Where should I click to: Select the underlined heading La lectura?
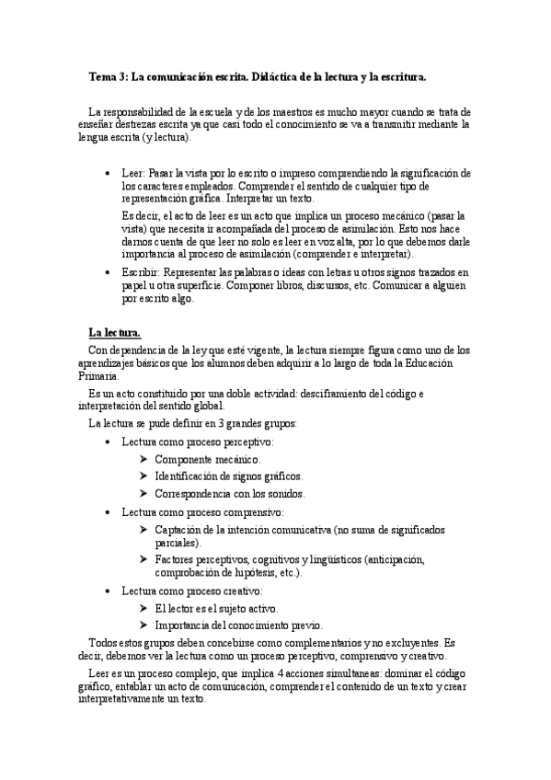[114, 332]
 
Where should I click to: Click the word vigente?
[258, 350]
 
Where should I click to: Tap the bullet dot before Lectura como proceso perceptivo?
[110, 442]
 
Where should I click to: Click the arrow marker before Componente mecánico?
[143, 459]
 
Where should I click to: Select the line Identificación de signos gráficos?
[228, 476]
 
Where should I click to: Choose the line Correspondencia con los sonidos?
[230, 494]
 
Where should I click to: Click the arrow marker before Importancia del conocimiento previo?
[143, 625]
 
